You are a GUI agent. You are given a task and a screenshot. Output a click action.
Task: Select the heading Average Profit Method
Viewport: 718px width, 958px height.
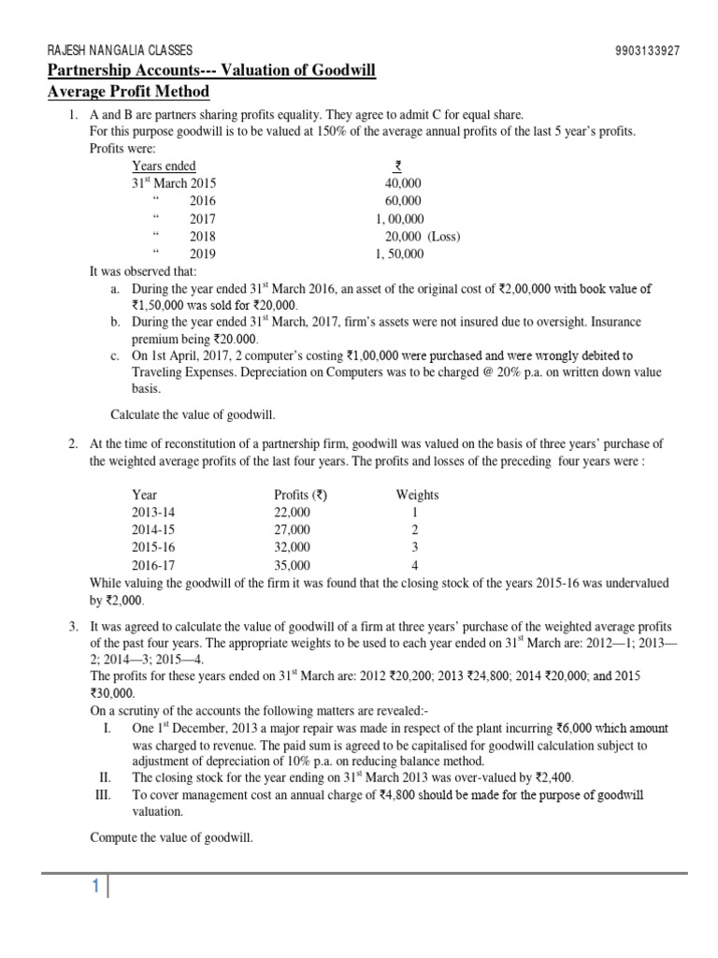[x=128, y=92]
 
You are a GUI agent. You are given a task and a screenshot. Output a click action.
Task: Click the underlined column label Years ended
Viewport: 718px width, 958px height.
[x=164, y=167]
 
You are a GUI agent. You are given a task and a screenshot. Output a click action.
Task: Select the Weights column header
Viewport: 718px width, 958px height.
[x=417, y=495]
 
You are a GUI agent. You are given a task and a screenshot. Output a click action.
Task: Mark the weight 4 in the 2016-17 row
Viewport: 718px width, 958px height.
[x=416, y=565]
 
